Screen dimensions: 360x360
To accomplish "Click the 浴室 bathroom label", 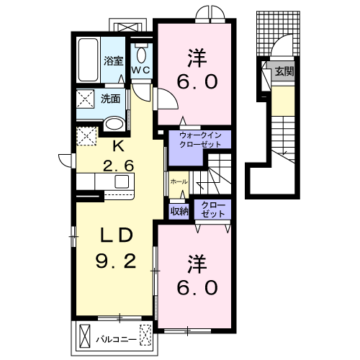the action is (113, 61).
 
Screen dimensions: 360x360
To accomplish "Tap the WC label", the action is (141, 70).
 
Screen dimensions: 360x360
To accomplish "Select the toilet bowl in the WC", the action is (141, 55).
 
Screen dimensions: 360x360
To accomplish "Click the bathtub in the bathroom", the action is (88, 60).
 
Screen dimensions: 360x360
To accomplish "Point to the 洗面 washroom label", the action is (111, 99).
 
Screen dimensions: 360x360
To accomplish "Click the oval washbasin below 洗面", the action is (114, 124).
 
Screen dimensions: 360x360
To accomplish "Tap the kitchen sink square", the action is (122, 181).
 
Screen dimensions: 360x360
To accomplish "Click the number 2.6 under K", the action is (118, 166).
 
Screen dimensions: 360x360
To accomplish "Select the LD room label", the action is (117, 235).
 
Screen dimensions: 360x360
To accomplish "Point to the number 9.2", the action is (116, 261).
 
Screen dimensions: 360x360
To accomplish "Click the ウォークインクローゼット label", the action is (200, 140).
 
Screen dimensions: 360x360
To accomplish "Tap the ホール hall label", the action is (179, 182).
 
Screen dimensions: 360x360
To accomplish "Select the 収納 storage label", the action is (179, 211).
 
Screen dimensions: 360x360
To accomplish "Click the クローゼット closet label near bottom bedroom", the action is (213, 210).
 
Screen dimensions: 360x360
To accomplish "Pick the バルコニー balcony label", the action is (117, 340).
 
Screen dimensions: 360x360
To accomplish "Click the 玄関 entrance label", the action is (284, 71).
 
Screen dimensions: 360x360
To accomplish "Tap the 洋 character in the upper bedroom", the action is (197, 58).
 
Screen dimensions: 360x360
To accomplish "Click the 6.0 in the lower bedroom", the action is (197, 287).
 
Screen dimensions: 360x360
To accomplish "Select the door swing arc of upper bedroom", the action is (174, 96).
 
